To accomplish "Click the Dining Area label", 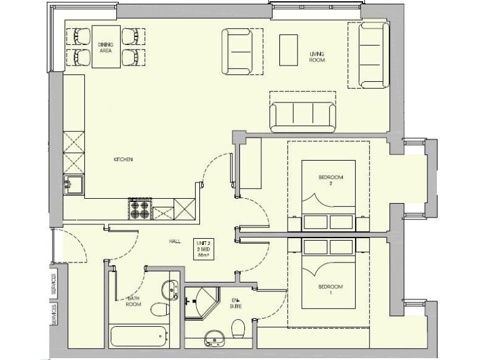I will coord(105,48).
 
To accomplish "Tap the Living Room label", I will coord(317,57).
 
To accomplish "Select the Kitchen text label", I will coord(122,160).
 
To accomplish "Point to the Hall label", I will coord(174,241).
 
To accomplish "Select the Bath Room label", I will coord(132,302).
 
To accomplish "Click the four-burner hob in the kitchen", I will coord(140,209).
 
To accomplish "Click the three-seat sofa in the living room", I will coord(302,116).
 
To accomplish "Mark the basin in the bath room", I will coord(169,289).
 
